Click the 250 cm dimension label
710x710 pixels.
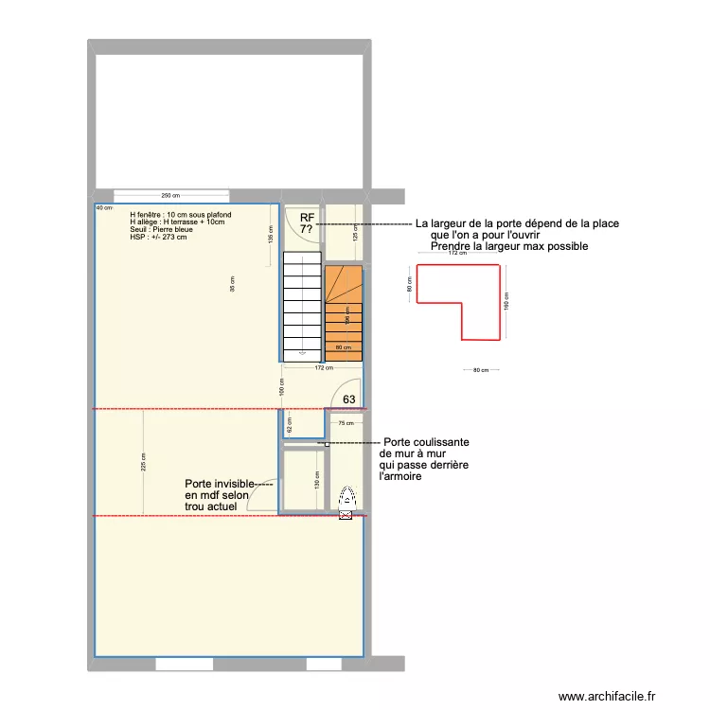click(x=171, y=195)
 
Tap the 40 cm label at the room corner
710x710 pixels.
click(x=101, y=207)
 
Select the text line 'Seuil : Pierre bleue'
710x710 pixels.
click(x=162, y=229)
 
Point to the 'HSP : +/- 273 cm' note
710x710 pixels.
click(x=159, y=237)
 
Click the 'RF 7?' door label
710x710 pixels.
click(x=306, y=223)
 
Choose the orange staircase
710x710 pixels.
click(x=344, y=313)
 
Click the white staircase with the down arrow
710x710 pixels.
click(x=302, y=308)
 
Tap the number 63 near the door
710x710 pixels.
click(x=349, y=399)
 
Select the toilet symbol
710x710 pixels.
click(x=346, y=500)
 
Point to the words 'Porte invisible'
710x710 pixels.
click(x=219, y=483)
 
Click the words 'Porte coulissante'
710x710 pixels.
click(x=426, y=442)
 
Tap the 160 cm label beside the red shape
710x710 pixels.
click(x=506, y=300)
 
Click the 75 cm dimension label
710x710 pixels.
click(x=346, y=423)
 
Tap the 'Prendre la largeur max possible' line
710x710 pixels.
click(x=509, y=246)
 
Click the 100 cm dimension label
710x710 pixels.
click(x=281, y=385)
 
